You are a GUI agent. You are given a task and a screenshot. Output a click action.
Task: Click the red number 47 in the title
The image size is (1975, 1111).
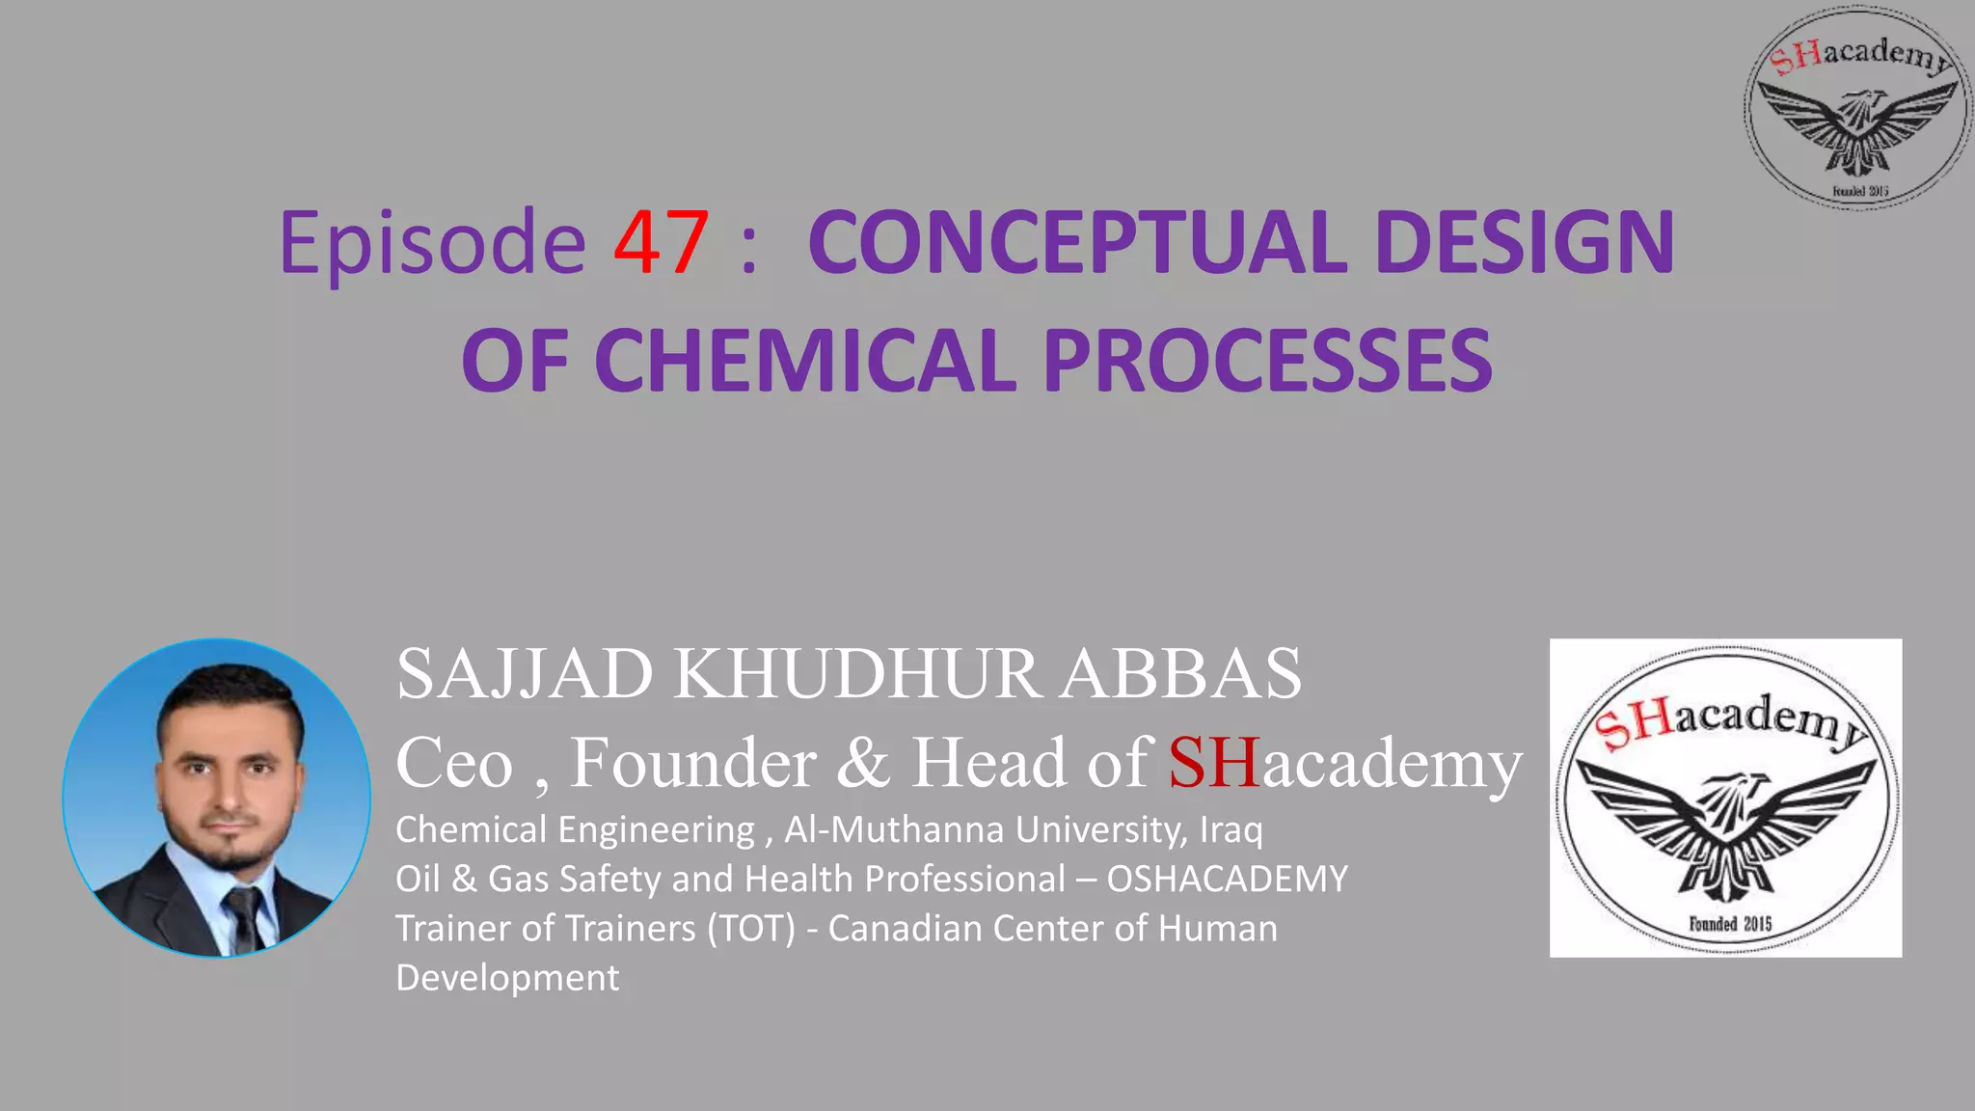pos(662,242)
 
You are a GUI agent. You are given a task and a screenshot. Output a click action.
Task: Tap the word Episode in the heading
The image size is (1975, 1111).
pos(432,244)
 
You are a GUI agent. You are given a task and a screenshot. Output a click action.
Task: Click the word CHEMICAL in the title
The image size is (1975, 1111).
pos(805,361)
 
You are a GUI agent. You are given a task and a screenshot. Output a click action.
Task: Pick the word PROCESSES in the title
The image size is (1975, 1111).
pos(1267,361)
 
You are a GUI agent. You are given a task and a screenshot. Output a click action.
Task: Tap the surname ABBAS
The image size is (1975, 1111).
pos(1181,673)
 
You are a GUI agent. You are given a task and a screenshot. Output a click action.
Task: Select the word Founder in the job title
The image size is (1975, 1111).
pos(693,763)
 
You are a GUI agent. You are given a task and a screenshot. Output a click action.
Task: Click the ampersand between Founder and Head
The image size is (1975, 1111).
pos(863,763)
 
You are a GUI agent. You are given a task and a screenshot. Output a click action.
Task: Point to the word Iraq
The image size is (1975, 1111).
pos(1231,829)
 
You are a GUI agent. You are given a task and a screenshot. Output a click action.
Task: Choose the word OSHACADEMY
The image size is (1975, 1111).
pos(1227,879)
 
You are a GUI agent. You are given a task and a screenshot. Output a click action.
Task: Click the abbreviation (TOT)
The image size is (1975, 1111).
pos(751,928)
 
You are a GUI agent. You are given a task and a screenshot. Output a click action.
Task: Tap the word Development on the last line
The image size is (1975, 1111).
pos(507,977)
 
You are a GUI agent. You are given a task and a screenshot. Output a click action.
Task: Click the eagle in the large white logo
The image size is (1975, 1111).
pos(1726,825)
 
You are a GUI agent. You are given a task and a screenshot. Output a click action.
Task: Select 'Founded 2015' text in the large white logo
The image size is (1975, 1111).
pos(1730,924)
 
